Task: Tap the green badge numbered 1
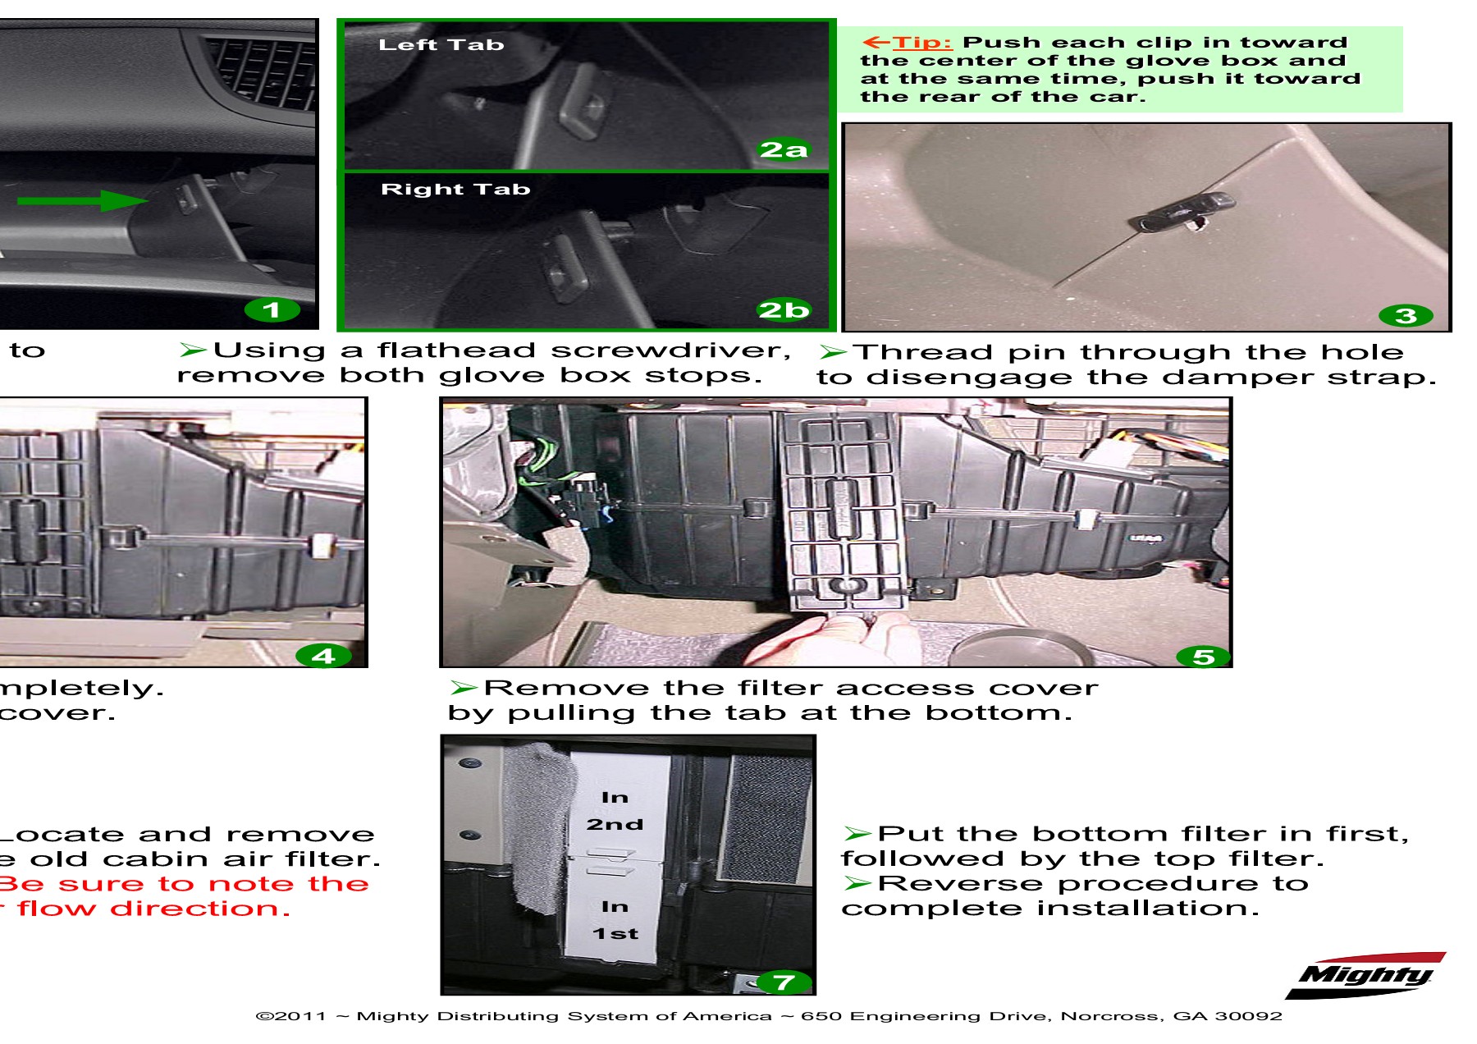coord(272,310)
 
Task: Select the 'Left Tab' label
coord(441,45)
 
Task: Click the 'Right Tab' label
coord(455,190)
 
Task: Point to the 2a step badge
coord(783,149)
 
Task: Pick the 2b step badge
coord(783,310)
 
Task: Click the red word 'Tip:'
coord(921,43)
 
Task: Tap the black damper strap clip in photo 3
coord(1182,212)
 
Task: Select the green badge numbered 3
coord(1406,316)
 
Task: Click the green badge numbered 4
coord(322,656)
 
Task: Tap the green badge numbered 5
coord(1202,657)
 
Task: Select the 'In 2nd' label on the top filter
coord(615,811)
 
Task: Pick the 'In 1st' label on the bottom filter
coord(615,920)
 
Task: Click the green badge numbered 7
coord(783,982)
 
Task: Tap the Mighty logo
coord(1365,975)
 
